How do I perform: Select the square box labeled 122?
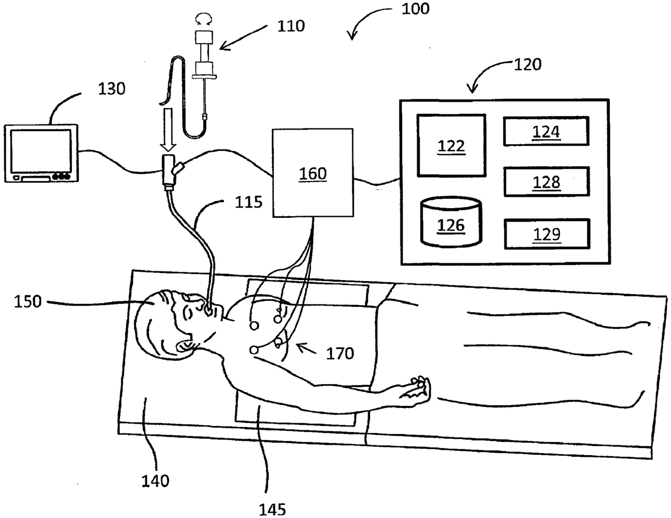[x=451, y=145]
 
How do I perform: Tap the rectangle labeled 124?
[x=546, y=131]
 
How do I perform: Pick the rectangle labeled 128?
[x=546, y=182]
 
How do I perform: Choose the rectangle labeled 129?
[x=546, y=234]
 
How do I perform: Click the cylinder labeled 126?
[x=451, y=223]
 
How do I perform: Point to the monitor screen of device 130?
[x=42, y=151]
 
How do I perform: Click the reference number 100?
[x=415, y=9]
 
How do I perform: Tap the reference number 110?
[x=291, y=25]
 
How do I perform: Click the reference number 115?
[x=248, y=202]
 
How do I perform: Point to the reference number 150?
[x=28, y=301]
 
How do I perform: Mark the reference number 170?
[x=340, y=354]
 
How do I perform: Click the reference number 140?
[x=155, y=480]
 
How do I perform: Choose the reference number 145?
[x=271, y=509]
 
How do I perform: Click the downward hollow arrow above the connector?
[x=168, y=130]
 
